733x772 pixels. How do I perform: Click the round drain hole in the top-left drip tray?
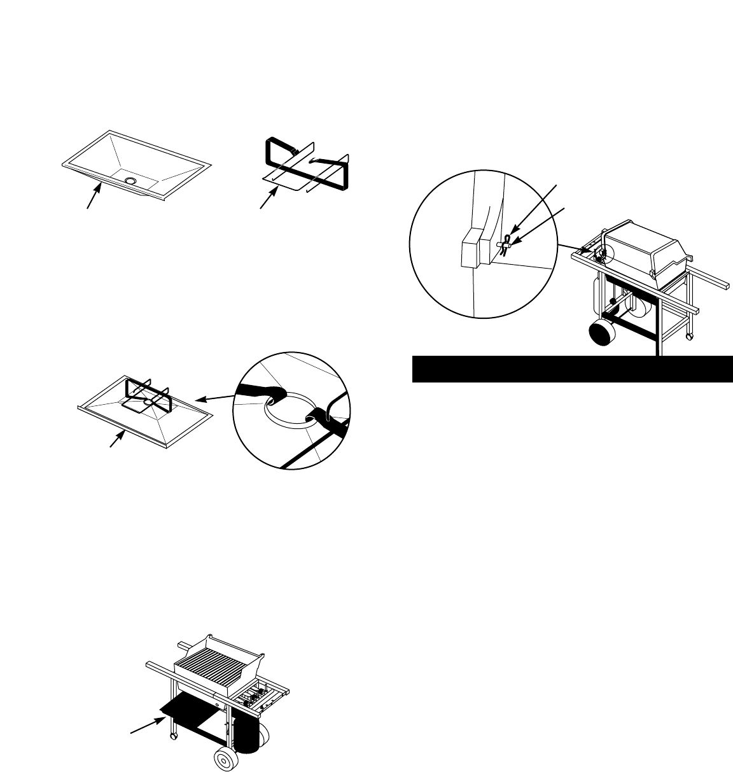(x=130, y=181)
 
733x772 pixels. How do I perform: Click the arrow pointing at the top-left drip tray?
(x=93, y=197)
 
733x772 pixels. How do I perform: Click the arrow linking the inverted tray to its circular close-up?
(x=216, y=398)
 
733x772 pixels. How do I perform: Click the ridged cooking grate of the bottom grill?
(x=212, y=669)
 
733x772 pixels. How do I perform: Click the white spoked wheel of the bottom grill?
(x=224, y=760)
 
